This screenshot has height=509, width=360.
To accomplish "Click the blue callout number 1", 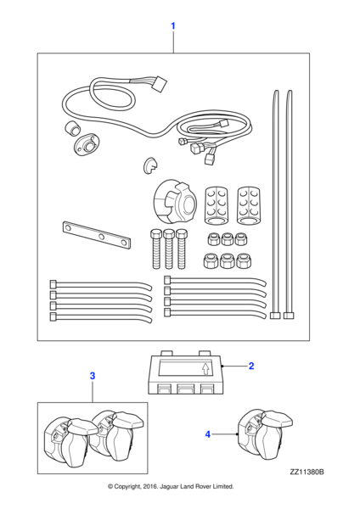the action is coord(173,25).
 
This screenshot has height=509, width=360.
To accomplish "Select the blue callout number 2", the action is coord(251,366).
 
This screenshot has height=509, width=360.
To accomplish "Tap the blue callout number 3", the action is coord(93,376).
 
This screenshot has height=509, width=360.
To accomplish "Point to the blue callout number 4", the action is coord(208,434).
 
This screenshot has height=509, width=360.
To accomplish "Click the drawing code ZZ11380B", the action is coord(307,472).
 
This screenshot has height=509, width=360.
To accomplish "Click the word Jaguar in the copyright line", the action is coord(169,486).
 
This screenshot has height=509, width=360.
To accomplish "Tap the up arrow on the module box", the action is coord(205,369).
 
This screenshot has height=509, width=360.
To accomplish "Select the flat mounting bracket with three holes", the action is coord(97,235).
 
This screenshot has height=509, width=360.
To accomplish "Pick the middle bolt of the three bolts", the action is coord(168,249).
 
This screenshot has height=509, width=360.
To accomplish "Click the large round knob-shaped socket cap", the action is coord(175,204).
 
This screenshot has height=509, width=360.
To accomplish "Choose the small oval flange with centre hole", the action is coord(85,145).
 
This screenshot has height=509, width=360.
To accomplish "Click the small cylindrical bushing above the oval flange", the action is coord(71,127).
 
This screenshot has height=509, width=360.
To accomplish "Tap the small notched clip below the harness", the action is coord(149,165).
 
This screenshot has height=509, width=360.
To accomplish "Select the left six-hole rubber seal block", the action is coord(216,204).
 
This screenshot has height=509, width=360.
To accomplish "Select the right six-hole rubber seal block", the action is coord(250,204).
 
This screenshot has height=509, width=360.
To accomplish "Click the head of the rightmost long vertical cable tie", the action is coord(289,316).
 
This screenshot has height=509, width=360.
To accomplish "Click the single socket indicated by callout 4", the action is coord(265,434).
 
